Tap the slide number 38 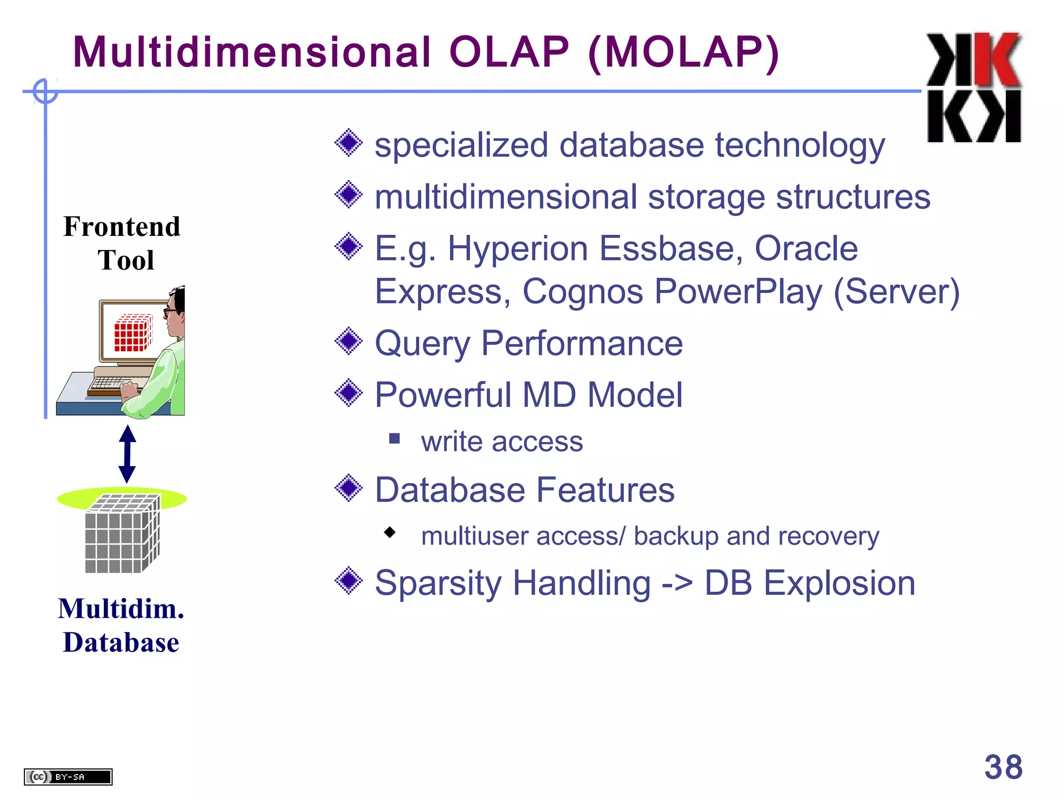[1003, 767]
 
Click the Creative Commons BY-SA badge [68, 777]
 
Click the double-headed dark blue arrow [127, 454]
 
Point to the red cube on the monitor [134, 333]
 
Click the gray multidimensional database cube [123, 534]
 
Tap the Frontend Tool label [122, 243]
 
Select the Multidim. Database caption [121, 625]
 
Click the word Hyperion [517, 248]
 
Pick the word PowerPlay [738, 291]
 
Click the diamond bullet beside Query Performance [349, 341]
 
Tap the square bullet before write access [394, 439]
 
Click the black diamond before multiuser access [390, 532]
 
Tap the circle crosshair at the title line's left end [45, 91]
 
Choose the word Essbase [671, 248]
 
